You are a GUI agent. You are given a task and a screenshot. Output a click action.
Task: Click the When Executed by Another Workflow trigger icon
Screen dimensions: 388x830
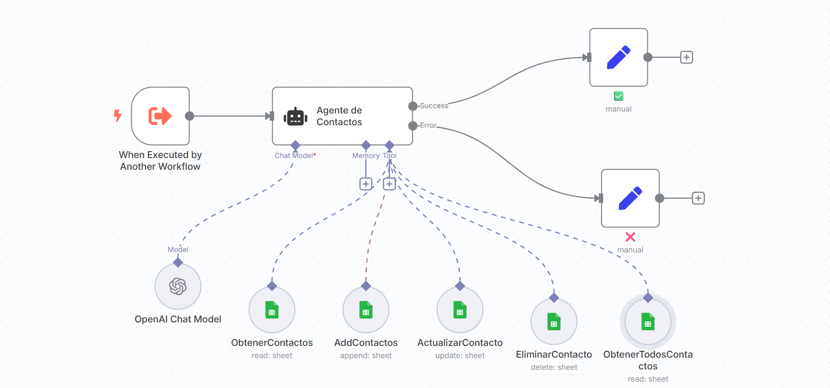(x=160, y=116)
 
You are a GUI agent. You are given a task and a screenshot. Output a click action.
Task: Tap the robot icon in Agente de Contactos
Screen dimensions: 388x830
(x=295, y=116)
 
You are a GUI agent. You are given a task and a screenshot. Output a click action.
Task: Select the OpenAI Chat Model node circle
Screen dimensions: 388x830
(x=178, y=286)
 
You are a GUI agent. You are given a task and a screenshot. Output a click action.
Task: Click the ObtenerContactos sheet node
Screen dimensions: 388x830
(x=272, y=310)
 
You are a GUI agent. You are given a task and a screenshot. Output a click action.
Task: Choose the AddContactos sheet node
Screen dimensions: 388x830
(x=366, y=310)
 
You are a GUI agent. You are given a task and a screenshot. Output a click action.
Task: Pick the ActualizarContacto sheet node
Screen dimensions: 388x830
(x=460, y=310)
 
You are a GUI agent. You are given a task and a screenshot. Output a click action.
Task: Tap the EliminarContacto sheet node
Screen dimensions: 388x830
(x=554, y=321)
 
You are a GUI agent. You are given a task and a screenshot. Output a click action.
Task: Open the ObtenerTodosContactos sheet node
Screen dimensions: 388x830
(x=648, y=321)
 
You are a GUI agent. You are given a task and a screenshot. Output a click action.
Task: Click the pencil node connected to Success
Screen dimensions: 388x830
(x=618, y=57)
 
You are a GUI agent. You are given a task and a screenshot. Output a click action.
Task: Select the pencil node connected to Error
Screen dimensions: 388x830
(x=630, y=198)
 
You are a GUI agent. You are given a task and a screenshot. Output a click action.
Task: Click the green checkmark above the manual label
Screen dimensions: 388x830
(x=618, y=96)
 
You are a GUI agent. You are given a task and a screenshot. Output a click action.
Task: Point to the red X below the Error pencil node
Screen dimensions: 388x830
(x=630, y=237)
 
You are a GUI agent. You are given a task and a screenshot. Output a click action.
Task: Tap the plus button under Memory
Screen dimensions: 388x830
(x=366, y=184)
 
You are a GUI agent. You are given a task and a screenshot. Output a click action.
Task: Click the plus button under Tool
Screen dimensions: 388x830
(x=389, y=184)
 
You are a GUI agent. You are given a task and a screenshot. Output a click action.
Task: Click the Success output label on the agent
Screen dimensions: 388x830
(x=434, y=106)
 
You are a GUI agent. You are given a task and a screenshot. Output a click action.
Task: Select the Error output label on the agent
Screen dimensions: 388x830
(x=428, y=125)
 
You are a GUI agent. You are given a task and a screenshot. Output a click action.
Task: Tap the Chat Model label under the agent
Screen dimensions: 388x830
(x=294, y=156)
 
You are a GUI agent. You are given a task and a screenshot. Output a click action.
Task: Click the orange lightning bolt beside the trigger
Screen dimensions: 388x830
(x=118, y=115)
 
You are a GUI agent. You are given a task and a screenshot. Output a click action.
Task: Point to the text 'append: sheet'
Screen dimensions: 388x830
(x=366, y=356)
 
